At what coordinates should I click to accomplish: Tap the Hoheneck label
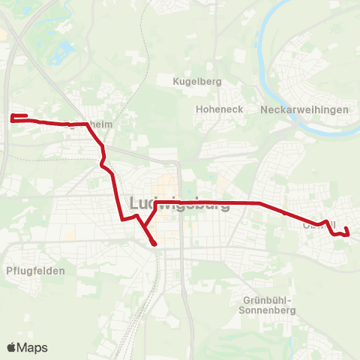click(x=217, y=109)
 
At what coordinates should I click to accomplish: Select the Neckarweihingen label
click(x=305, y=109)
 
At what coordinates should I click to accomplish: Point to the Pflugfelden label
click(x=34, y=271)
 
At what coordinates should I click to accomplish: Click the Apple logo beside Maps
click(x=11, y=347)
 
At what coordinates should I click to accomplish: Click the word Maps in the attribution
click(x=33, y=348)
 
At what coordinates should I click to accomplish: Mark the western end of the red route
click(x=12, y=117)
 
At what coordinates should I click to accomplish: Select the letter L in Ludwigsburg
click(x=135, y=203)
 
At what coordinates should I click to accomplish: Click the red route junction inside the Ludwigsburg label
click(x=155, y=203)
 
